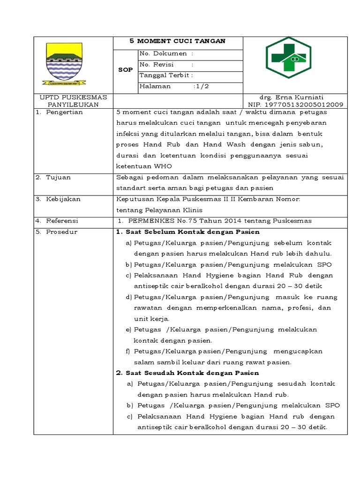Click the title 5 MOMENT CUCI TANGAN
[178, 41]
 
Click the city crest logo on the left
[63, 64]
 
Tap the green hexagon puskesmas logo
[288, 57]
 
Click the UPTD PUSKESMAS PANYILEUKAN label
[73, 101]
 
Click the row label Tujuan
[59, 178]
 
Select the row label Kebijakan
[63, 199]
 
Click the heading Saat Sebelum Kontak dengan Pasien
[187, 232]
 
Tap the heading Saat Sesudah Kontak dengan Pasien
[187, 373]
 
